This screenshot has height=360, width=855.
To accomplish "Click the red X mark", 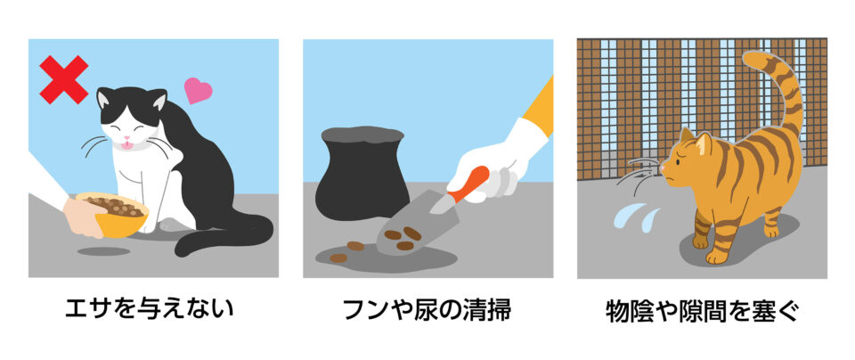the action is pyautogui.click(x=64, y=79).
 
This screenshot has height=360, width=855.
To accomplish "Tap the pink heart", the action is pyautogui.click(x=198, y=90).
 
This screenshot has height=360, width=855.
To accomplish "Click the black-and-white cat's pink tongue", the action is pyautogui.click(x=126, y=145).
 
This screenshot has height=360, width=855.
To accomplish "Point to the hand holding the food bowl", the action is pyautogui.click(x=83, y=217).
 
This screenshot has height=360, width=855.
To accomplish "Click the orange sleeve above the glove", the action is pyautogui.click(x=539, y=107).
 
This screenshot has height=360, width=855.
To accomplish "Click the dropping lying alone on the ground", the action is pyautogui.click(x=338, y=258).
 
